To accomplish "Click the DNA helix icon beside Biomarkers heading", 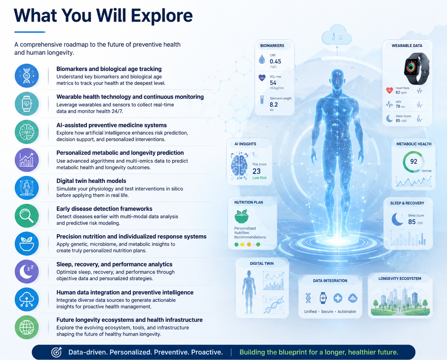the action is click(27, 75).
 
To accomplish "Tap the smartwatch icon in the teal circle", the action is click(27, 104).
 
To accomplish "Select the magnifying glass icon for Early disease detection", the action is click(26, 215).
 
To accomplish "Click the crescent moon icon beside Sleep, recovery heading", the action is click(26, 271).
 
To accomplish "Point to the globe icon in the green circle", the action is click(27, 327).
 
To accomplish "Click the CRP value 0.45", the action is click(275, 61).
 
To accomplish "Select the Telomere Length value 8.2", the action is click(274, 105).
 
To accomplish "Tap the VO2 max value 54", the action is click(273, 83).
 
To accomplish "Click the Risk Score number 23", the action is click(256, 171).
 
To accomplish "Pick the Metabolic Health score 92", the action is click(413, 161).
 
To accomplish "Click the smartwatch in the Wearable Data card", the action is click(416, 68).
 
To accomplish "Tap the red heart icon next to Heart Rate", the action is click(389, 90).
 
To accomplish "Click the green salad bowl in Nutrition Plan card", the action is click(241, 216).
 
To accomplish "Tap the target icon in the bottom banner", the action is click(57, 352).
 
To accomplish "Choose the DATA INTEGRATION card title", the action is click(330, 281).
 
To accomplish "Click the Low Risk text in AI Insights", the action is click(259, 178).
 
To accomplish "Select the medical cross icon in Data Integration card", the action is click(338, 298).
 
